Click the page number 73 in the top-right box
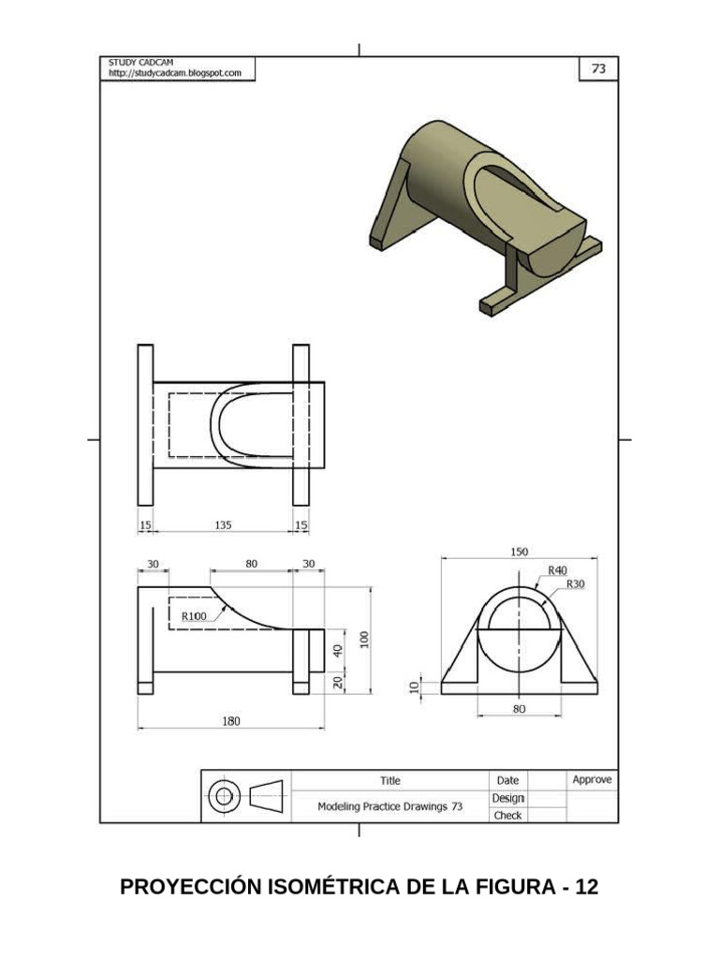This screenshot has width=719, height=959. pyautogui.click(x=596, y=68)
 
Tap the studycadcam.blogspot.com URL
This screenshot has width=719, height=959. pyautogui.click(x=175, y=72)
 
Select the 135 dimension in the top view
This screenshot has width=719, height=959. pyautogui.click(x=223, y=525)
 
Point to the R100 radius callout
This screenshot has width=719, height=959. pyautogui.click(x=194, y=615)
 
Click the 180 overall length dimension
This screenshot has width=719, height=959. pyautogui.click(x=230, y=720)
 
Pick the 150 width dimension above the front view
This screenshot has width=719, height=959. pyautogui.click(x=519, y=553)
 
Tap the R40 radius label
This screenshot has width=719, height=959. pyautogui.click(x=557, y=569)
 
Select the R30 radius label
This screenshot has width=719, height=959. pyautogui.click(x=574, y=583)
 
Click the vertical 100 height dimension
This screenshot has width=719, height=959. pyautogui.click(x=365, y=639)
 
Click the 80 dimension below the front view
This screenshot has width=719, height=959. pyautogui.click(x=519, y=709)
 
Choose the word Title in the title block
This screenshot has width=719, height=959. pyautogui.click(x=389, y=780)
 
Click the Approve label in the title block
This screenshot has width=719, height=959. pyautogui.click(x=592, y=779)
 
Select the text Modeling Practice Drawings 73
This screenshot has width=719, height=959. pyautogui.click(x=389, y=805)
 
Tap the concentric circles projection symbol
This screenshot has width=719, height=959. pyautogui.click(x=223, y=797)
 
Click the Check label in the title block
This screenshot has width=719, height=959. pyautogui.click(x=507, y=815)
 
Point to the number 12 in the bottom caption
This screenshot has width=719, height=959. pyautogui.click(x=587, y=887)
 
